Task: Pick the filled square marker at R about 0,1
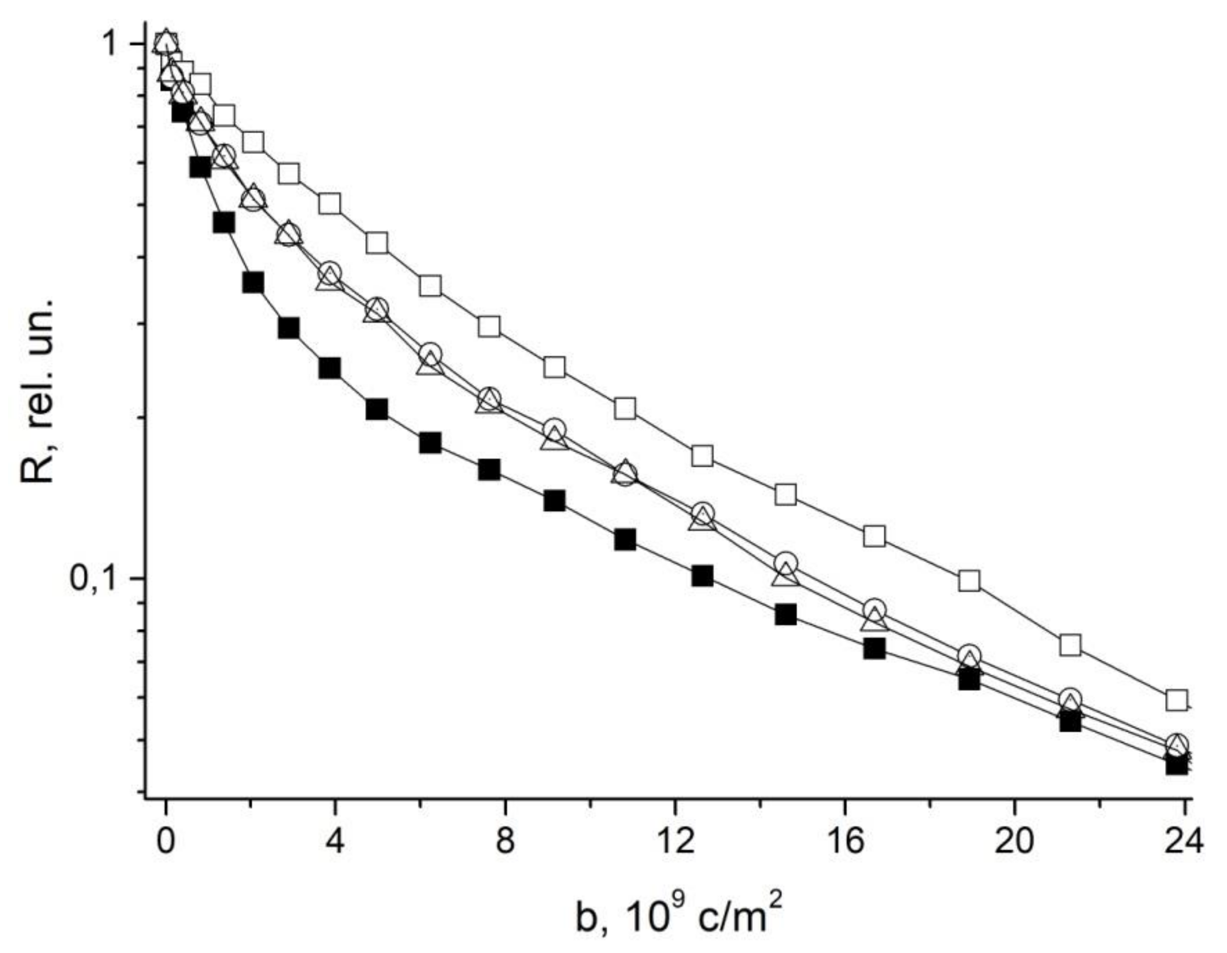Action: coord(702,576)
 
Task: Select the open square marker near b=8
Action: coord(489,326)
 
